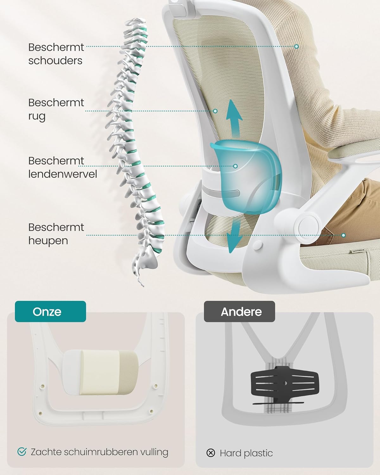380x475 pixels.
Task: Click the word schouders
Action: coord(55,60)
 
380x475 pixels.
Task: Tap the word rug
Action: coord(37,117)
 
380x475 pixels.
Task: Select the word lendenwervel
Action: coord(62,174)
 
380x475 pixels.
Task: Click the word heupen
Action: coord(48,241)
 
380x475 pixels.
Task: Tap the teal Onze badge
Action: coord(50,312)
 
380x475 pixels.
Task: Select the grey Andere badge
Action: coord(239,312)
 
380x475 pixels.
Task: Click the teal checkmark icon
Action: coord(22,452)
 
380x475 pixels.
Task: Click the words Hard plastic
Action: coord(246,453)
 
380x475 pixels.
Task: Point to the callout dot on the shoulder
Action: coord(296,47)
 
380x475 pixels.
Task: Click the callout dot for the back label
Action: coord(215,111)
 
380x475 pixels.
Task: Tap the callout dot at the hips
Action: coord(343,235)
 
